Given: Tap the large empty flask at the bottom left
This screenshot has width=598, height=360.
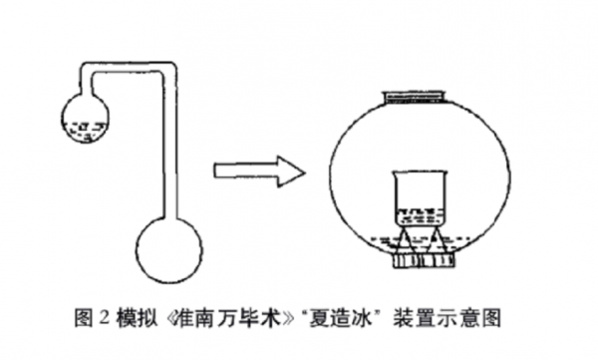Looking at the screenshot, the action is click(x=169, y=249).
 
